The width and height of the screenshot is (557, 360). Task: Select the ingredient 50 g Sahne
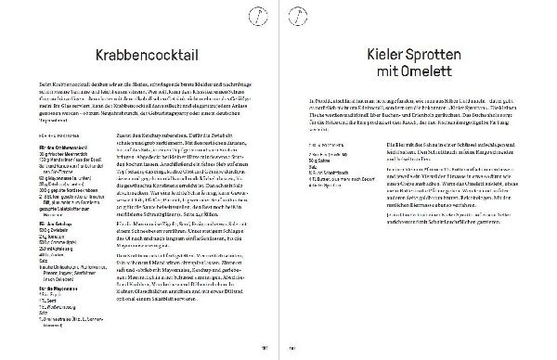(x=321, y=160)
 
